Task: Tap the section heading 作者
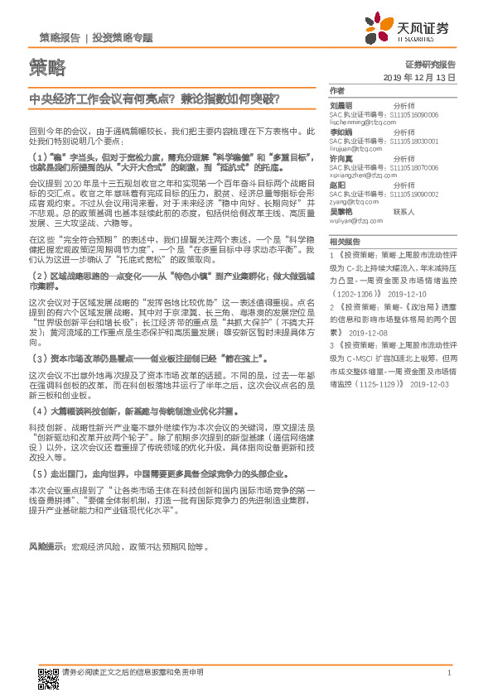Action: click(336, 90)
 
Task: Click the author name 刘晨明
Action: click(341, 106)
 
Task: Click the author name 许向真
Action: click(341, 157)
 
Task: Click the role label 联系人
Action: click(404, 211)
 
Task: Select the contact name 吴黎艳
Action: click(341, 211)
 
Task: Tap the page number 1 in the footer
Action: click(448, 671)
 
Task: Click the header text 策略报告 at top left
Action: click(60, 37)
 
